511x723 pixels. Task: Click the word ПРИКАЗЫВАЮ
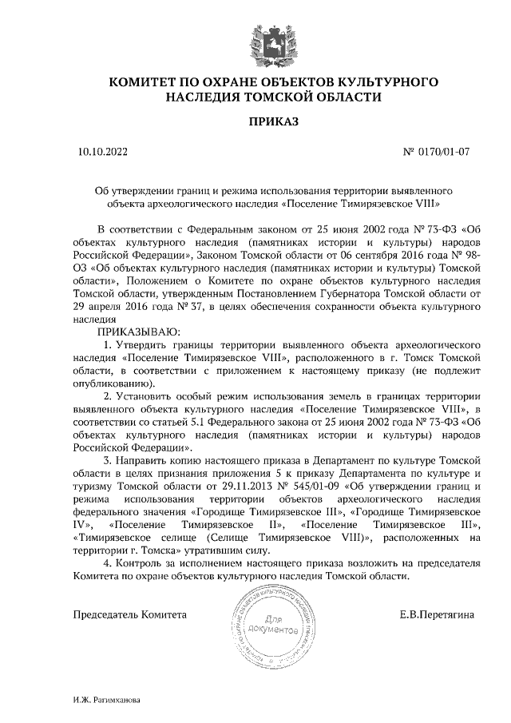point(137,330)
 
